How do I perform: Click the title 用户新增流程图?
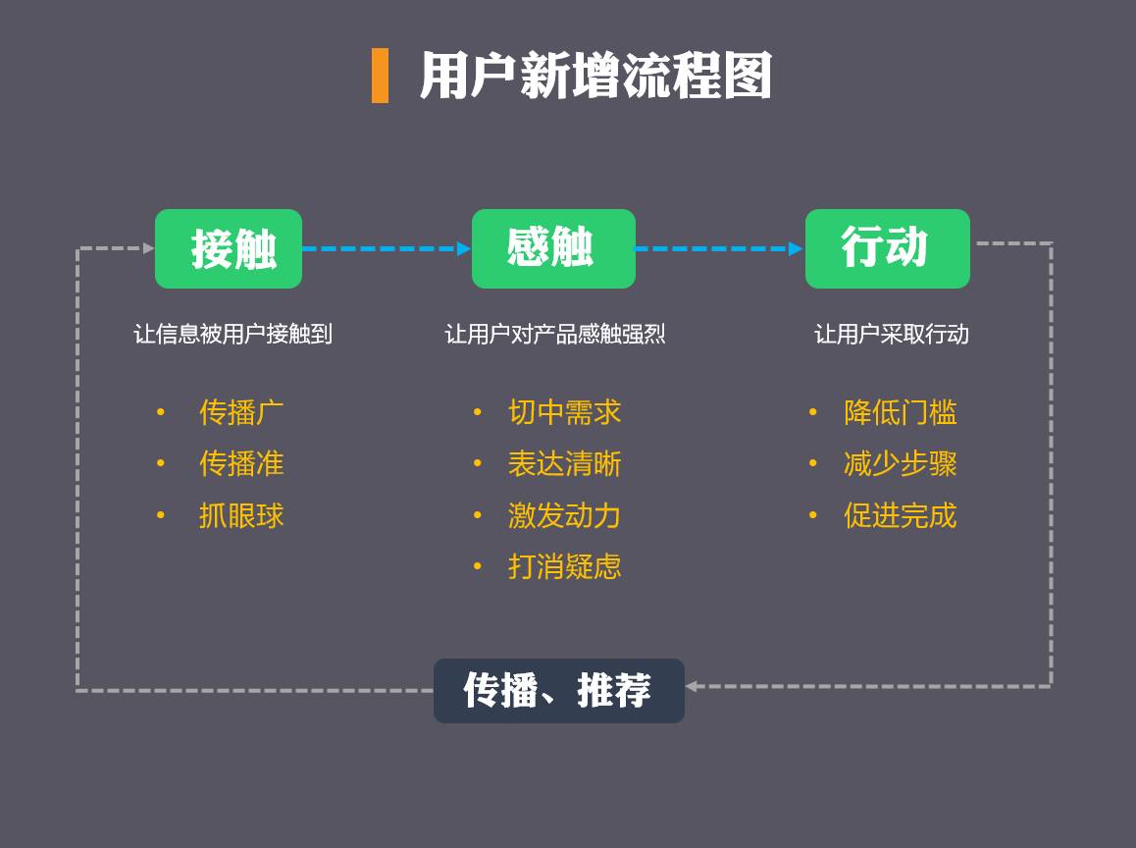pos(594,77)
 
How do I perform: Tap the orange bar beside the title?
pos(380,76)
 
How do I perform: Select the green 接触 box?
pos(229,248)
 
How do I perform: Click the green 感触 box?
pos(553,248)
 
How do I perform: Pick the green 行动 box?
pos(887,248)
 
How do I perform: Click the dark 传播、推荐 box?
pos(558,690)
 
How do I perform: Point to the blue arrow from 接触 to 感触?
pos(387,248)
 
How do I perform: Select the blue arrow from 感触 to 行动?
pos(719,248)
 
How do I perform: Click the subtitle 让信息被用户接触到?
pos(232,334)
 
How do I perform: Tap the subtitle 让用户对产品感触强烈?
pos(555,334)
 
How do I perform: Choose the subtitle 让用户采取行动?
pos(891,334)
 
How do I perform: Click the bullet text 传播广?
pos(241,412)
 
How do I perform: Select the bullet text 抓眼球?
pos(241,515)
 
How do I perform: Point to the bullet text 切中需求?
pos(564,412)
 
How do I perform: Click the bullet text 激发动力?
pos(564,515)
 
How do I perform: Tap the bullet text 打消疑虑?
pos(564,566)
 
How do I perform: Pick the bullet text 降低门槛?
pos(900,412)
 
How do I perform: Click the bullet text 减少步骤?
pos(900,463)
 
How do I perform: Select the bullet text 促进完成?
pos(900,515)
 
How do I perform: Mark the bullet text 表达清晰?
pos(564,463)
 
